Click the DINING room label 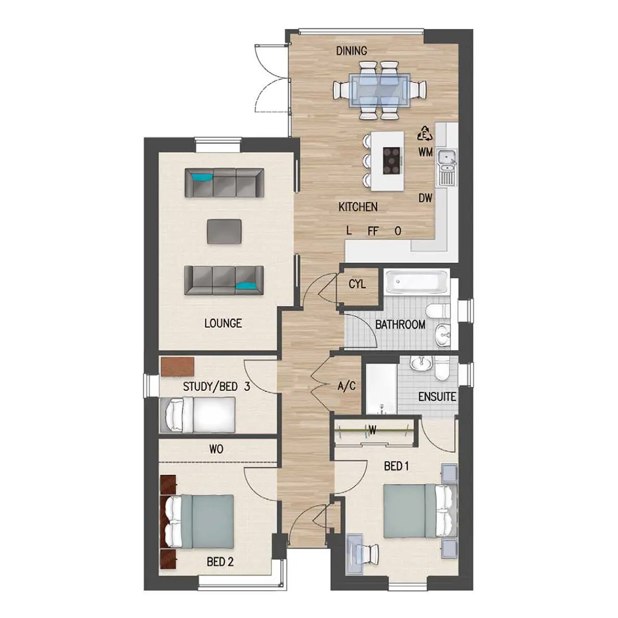[352, 50]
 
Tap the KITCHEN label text [358, 207]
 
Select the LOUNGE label [223, 323]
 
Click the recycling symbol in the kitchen [424, 133]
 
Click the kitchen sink [446, 167]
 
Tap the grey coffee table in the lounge [224, 231]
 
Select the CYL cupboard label [357, 284]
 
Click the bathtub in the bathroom [417, 282]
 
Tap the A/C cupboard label [347, 386]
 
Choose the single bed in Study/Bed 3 [198, 415]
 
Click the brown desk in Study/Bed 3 [178, 367]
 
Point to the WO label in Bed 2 [216, 449]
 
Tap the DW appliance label [425, 198]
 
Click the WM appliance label [425, 152]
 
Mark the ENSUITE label [437, 397]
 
